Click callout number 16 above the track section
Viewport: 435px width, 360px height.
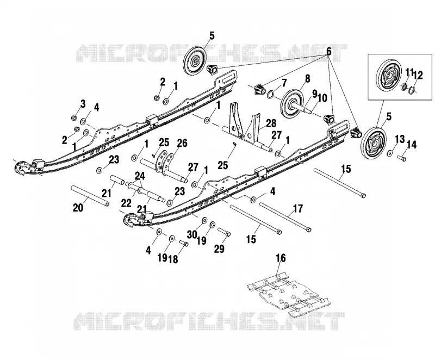[x=281, y=258]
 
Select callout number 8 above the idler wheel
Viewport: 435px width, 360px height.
[x=307, y=79]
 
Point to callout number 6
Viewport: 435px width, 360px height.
[x=329, y=51]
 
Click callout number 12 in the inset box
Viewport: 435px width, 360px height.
[x=418, y=75]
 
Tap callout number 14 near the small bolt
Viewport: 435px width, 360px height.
[x=412, y=145]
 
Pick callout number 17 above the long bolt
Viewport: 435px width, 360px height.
[x=298, y=208]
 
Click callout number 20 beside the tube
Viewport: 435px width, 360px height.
[x=78, y=207]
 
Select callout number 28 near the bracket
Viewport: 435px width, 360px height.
[x=270, y=123]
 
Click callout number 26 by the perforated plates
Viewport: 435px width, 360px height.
[x=182, y=143]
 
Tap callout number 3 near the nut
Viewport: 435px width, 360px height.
[x=83, y=104]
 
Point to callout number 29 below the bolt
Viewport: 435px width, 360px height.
[x=219, y=249]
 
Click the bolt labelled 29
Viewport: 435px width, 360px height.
[x=224, y=232]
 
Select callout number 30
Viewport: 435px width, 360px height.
[x=192, y=235]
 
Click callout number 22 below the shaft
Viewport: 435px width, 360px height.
[x=126, y=203]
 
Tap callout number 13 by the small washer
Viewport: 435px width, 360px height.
[x=400, y=139]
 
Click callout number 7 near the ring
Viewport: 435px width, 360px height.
[x=283, y=83]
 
